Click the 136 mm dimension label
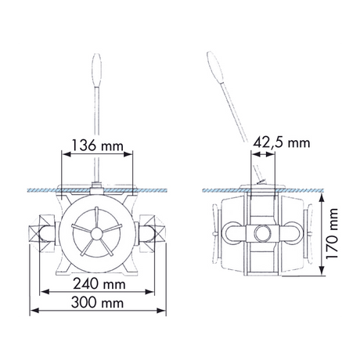(x=97, y=146)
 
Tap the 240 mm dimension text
(x=99, y=284)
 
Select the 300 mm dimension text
(x=97, y=303)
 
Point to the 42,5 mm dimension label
(x=282, y=142)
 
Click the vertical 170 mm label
(x=332, y=233)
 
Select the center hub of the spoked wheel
(x=96, y=233)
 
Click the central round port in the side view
(x=262, y=233)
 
